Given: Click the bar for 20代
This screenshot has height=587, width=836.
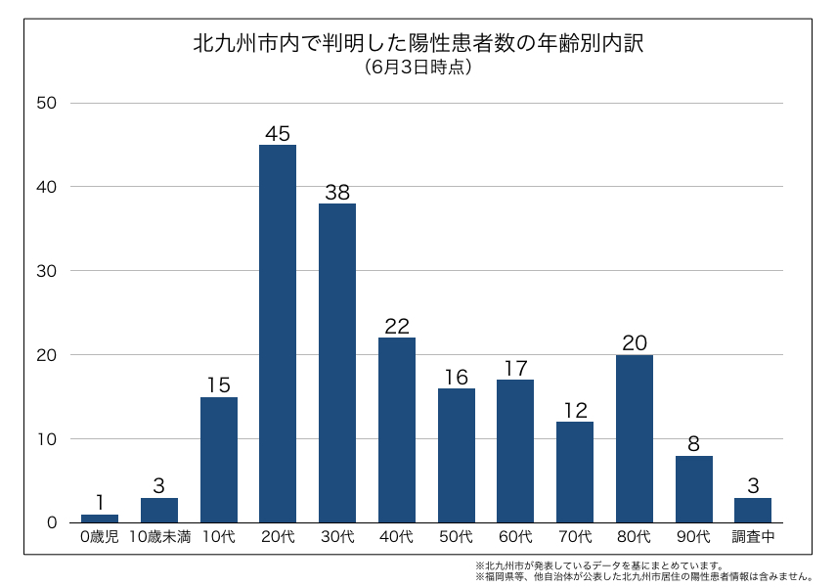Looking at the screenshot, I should pyautogui.click(x=278, y=334).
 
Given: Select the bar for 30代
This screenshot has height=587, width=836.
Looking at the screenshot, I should pyautogui.click(x=337, y=363).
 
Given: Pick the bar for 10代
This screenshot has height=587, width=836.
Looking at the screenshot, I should pyautogui.click(x=219, y=459).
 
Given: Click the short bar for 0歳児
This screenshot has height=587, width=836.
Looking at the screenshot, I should pyautogui.click(x=100, y=518).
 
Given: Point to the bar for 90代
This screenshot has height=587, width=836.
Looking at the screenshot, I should pyautogui.click(x=694, y=488).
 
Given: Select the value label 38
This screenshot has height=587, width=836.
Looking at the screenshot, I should pyautogui.click(x=337, y=193).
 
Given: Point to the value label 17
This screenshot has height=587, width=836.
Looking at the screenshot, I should pyautogui.click(x=515, y=369).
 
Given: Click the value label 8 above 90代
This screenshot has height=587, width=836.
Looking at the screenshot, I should pyautogui.click(x=694, y=444).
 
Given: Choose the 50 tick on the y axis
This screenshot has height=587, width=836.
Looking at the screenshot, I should pyautogui.click(x=47, y=103).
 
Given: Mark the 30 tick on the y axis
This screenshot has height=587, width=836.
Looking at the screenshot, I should pyautogui.click(x=47, y=271).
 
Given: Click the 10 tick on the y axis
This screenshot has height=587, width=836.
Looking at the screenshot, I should pyautogui.click(x=47, y=438).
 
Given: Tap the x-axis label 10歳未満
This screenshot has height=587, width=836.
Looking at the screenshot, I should pyautogui.click(x=159, y=536).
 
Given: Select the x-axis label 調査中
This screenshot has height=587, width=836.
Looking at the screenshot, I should pyautogui.click(x=753, y=536).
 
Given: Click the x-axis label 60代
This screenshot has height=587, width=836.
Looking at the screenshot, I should pyautogui.click(x=515, y=536).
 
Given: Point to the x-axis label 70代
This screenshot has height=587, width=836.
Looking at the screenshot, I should pyautogui.click(x=575, y=536).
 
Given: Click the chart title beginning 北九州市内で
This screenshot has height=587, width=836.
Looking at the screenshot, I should pyautogui.click(x=418, y=44).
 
